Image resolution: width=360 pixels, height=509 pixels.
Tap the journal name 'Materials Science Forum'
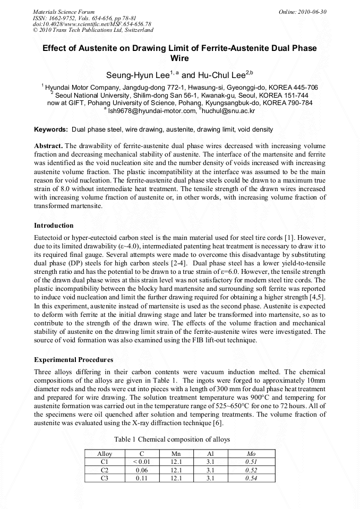64,12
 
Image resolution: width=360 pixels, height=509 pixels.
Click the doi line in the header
92,24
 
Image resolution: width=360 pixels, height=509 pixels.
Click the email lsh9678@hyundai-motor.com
152,111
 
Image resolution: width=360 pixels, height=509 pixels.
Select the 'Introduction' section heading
54,226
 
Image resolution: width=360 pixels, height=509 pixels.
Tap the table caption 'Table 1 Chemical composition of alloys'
172,439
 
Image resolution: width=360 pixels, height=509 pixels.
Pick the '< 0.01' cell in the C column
141,462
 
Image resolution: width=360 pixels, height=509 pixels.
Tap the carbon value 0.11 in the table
141,478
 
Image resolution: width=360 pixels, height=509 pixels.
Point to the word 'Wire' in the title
179,59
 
